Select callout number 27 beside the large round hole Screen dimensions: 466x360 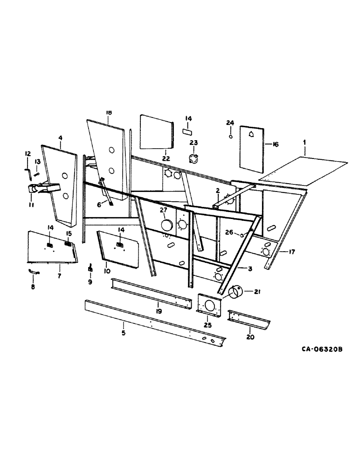click(163, 211)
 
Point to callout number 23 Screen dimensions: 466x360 click(194, 143)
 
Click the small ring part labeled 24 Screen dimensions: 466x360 click(230, 137)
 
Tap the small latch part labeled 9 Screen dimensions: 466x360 click(90, 269)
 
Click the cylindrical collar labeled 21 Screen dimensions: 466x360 click(236, 293)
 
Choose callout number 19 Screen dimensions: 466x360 click(159, 311)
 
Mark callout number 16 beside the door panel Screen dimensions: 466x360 click(275, 145)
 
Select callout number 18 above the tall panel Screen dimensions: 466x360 click(108, 113)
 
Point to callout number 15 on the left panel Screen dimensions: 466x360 click(69, 233)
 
